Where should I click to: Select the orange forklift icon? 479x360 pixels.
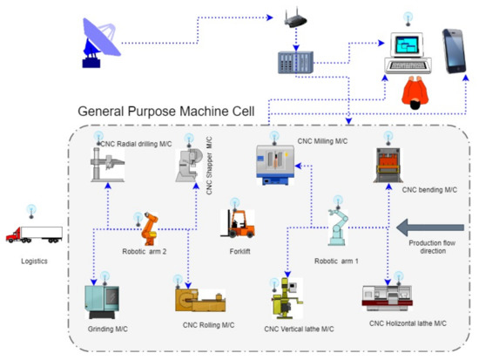(238, 225)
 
